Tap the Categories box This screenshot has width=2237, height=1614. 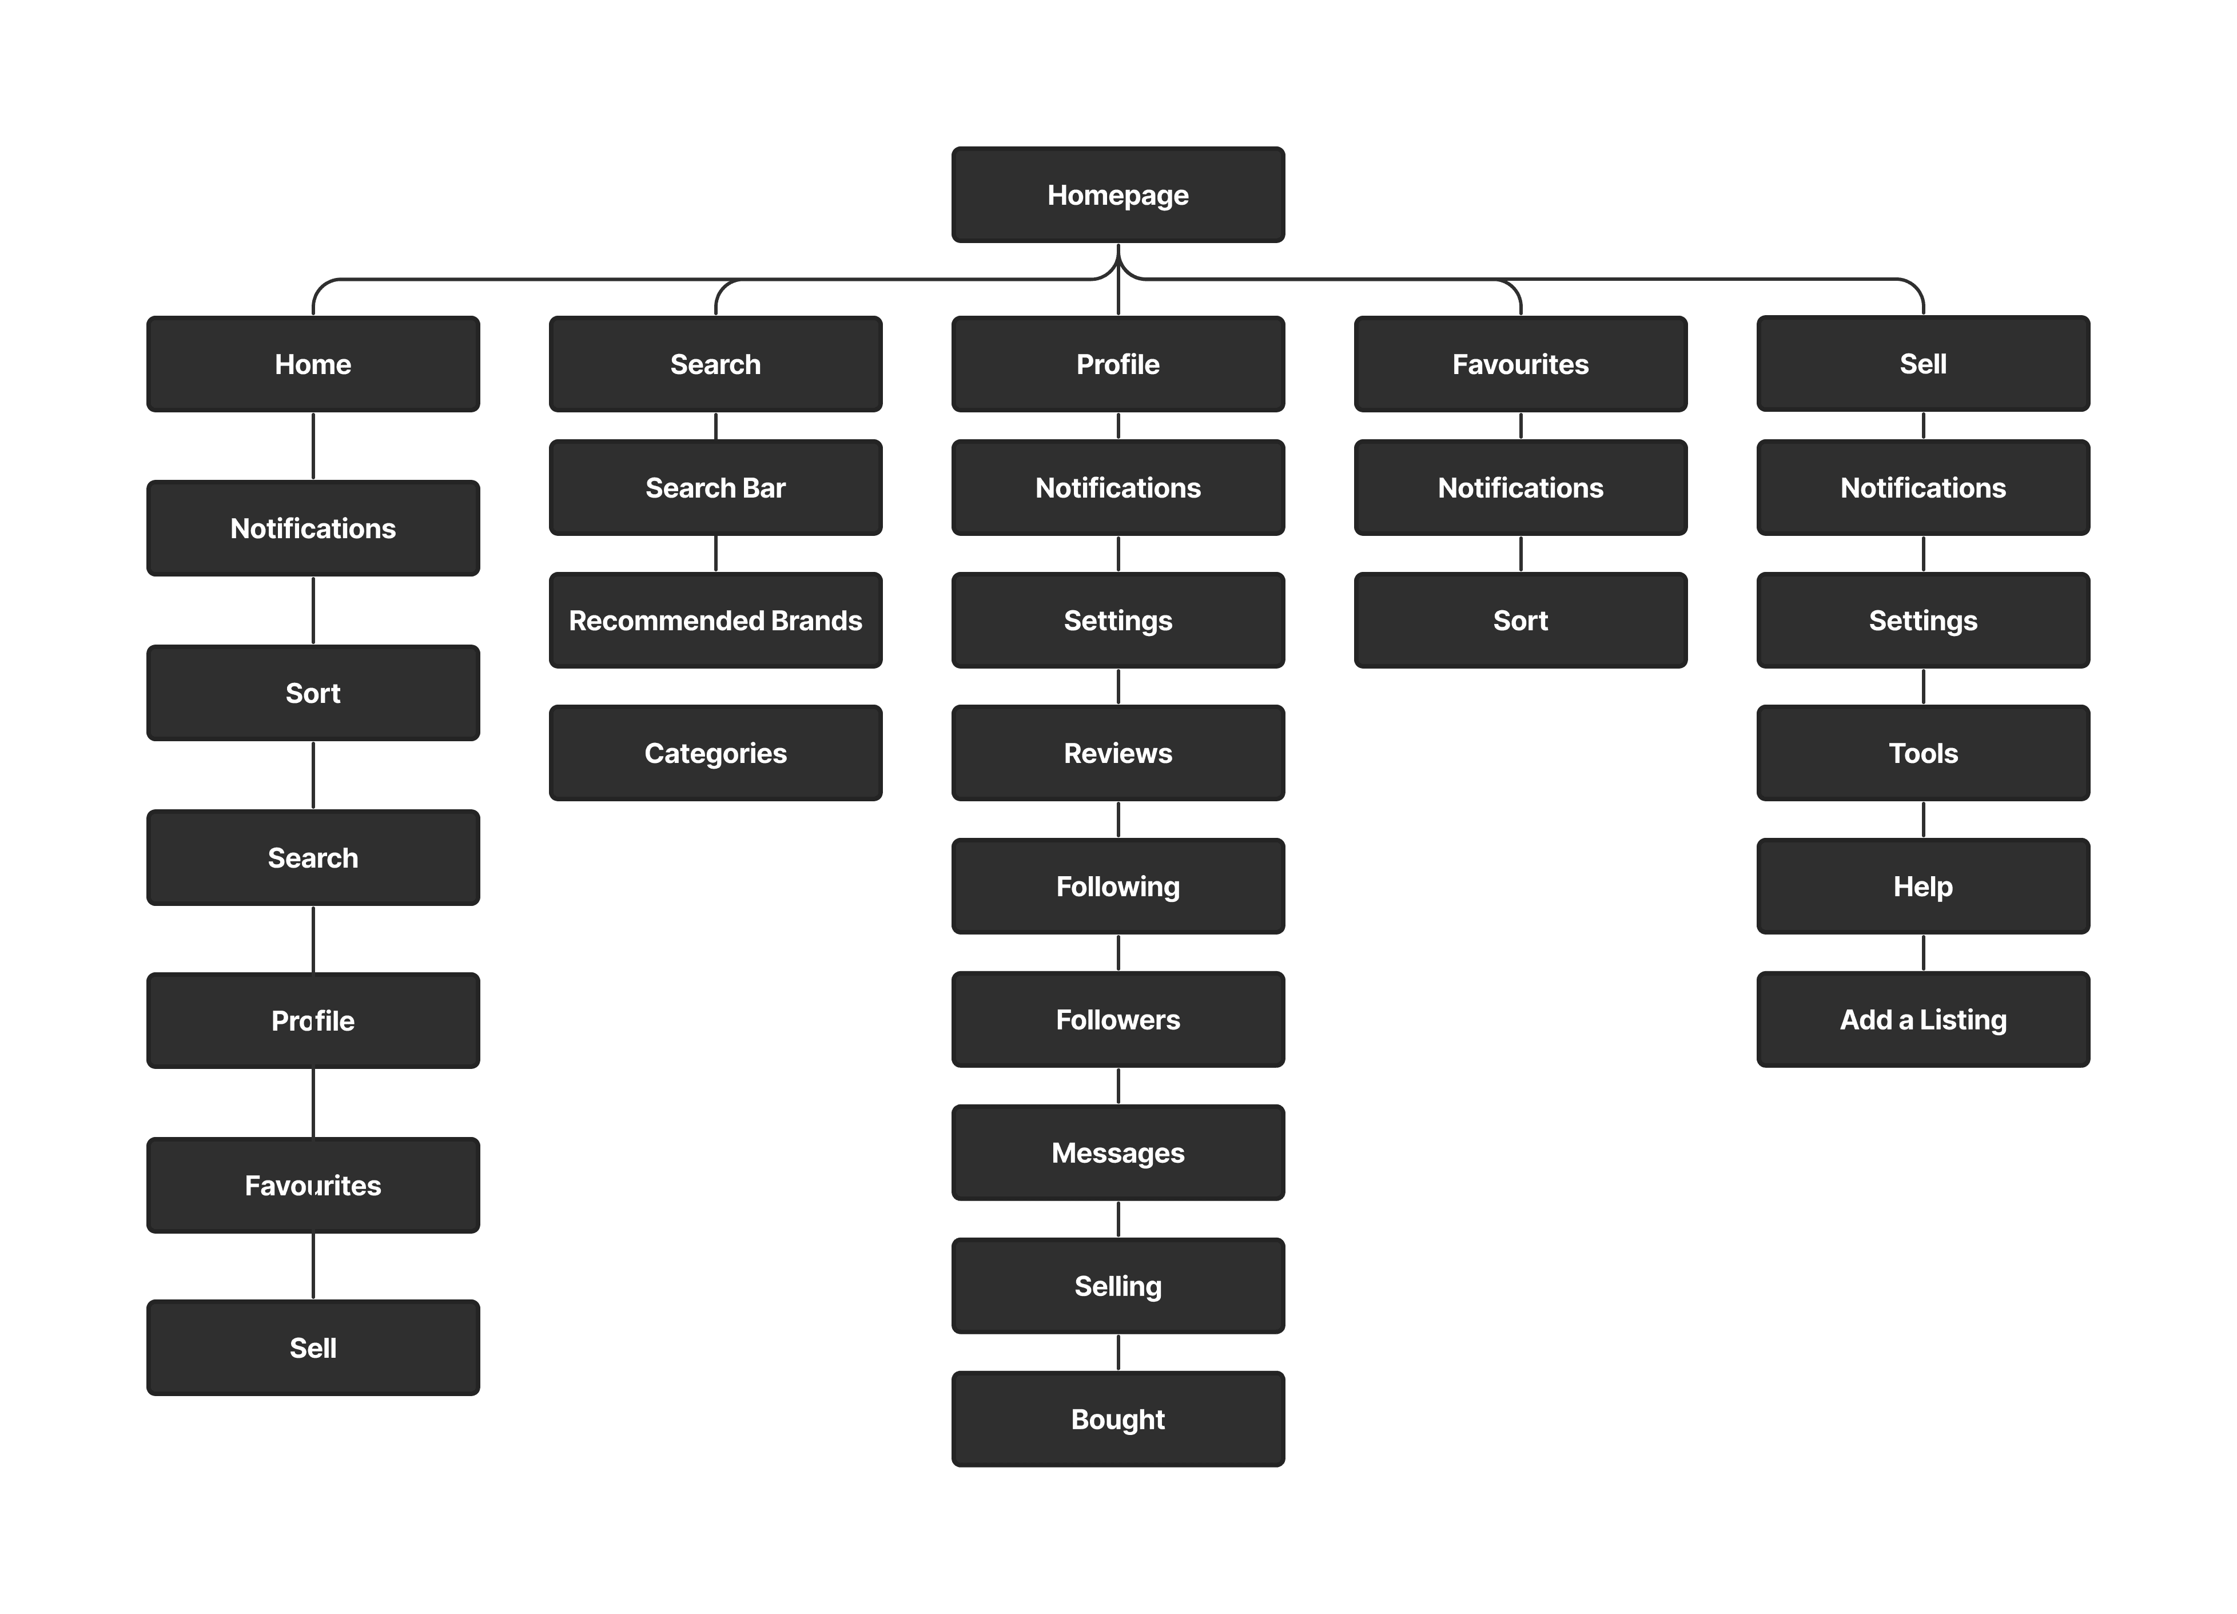715,753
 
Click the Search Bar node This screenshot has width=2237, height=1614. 715,487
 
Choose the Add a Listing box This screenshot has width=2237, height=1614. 1922,1019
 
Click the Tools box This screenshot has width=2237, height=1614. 1922,753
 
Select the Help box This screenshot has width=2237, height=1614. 1922,886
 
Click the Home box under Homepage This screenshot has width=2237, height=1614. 313,364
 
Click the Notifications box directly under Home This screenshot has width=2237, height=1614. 313,528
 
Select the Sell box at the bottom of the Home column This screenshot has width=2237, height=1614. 313,1347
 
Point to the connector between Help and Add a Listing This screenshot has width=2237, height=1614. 1922,953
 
